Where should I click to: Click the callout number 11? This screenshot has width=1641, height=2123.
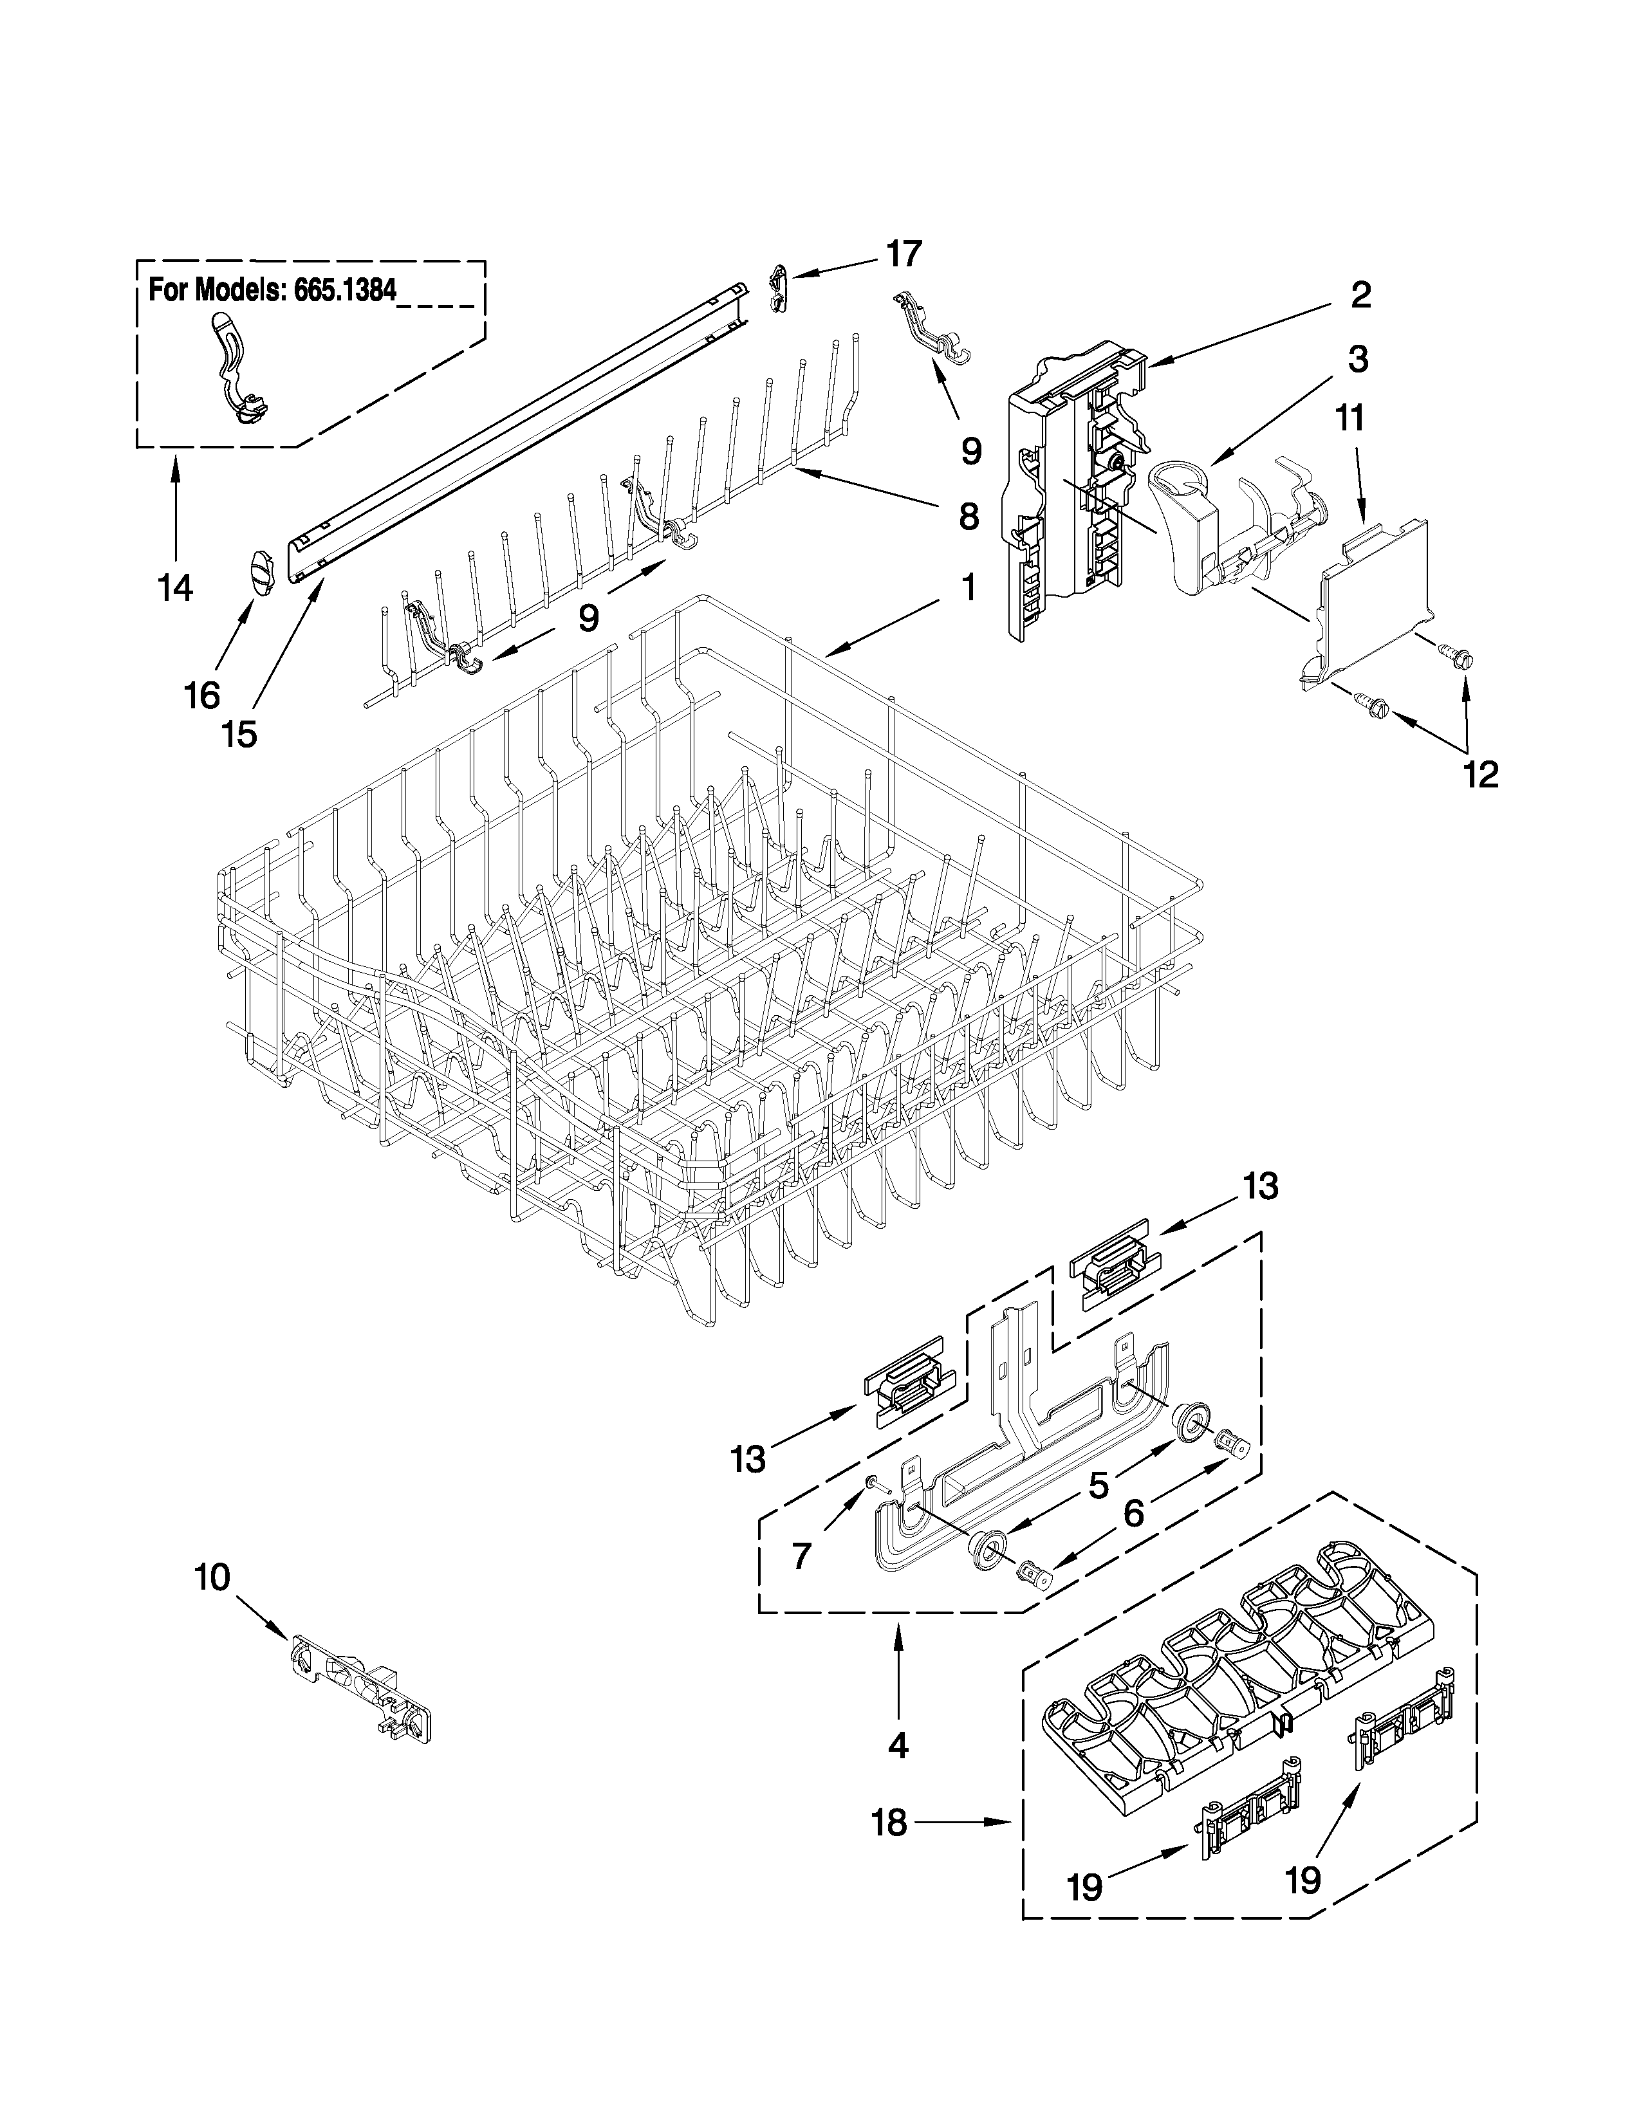coord(1349,418)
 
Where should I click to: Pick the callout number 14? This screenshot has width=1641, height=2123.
coord(176,588)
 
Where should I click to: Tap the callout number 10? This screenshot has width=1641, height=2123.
coord(213,1577)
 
